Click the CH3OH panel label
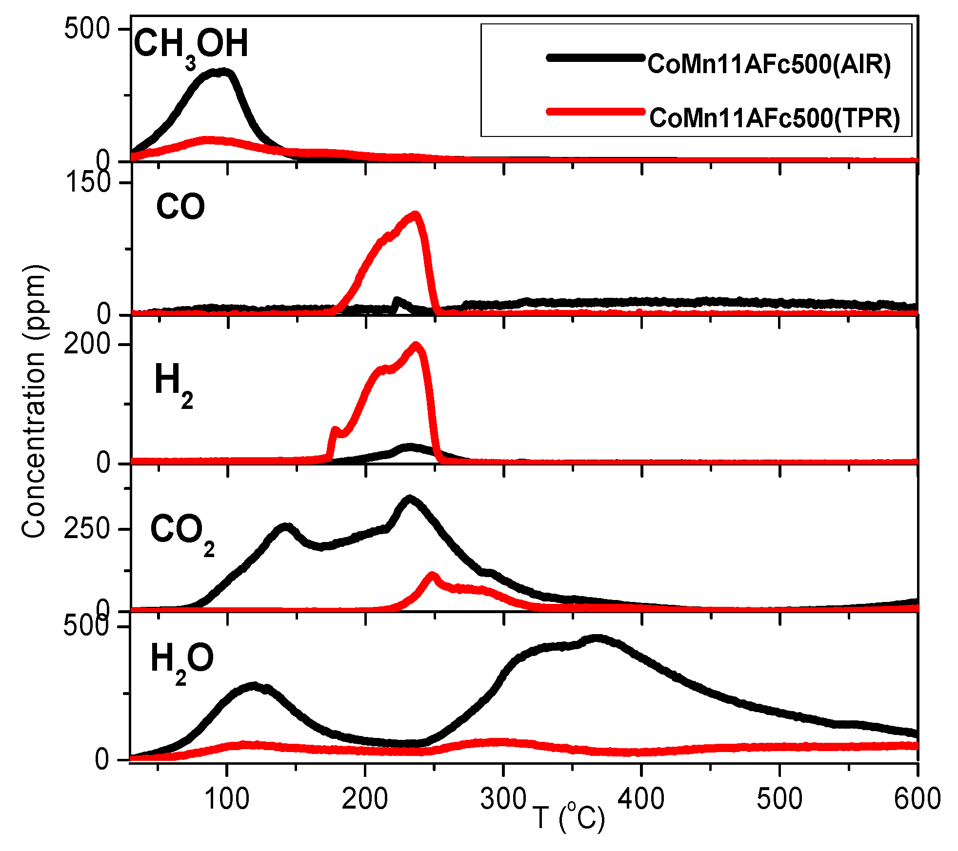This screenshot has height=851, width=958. tap(191, 45)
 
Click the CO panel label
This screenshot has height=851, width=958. tap(180, 207)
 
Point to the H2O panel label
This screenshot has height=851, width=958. tap(182, 660)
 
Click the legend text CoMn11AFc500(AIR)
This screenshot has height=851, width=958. tap(769, 64)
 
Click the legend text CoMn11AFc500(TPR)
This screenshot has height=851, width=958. tap(775, 118)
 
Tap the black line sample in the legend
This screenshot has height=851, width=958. tap(596, 58)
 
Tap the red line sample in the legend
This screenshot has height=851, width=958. tap(596, 112)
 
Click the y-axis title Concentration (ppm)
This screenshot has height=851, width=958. tap(34, 401)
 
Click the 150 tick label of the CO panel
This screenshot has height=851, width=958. tap(88, 183)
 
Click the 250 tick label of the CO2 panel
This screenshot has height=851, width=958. tap(87, 529)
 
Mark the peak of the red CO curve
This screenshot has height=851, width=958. tap(415, 214)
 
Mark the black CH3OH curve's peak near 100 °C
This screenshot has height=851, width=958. tap(222, 72)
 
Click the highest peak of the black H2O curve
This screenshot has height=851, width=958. tap(596, 638)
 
